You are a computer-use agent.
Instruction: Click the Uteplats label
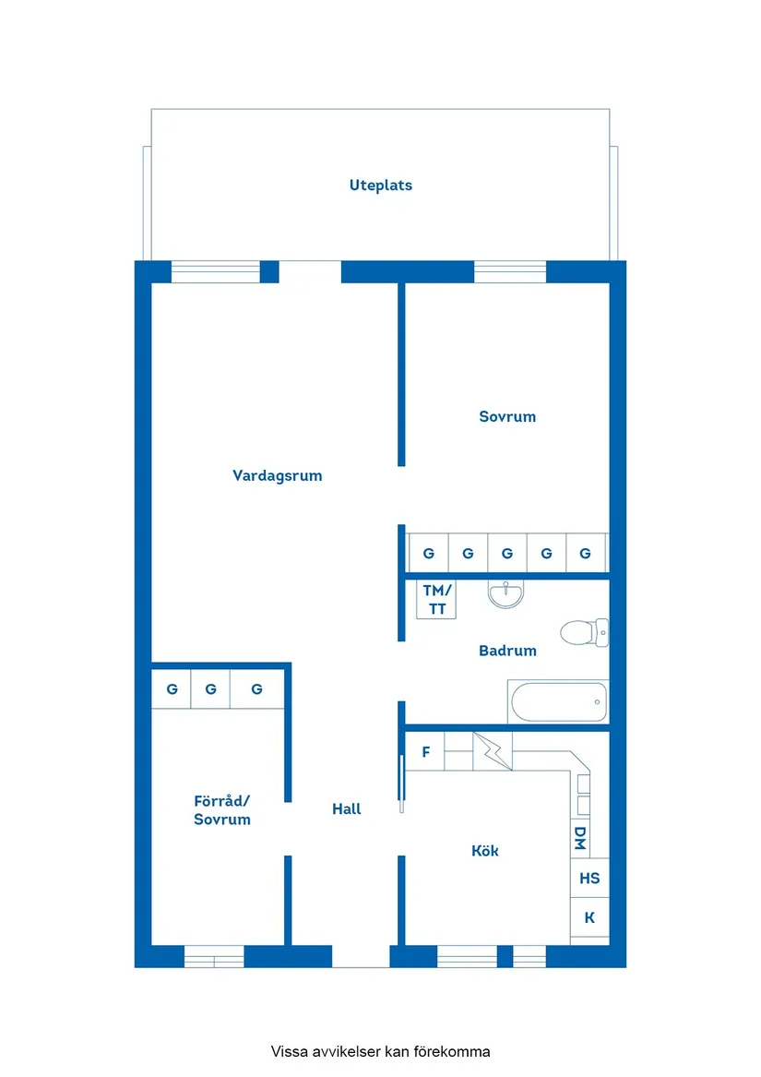pyautogui.click(x=380, y=185)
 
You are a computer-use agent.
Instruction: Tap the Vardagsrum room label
pyautogui.click(x=277, y=476)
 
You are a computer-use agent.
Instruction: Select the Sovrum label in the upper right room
pyautogui.click(x=507, y=417)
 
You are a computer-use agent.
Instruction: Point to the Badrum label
pyautogui.click(x=507, y=651)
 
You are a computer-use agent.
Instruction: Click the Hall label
pyautogui.click(x=347, y=809)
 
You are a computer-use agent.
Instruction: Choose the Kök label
pyautogui.click(x=485, y=851)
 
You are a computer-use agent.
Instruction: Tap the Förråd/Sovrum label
pyautogui.click(x=222, y=810)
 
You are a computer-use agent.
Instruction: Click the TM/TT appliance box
pyautogui.click(x=437, y=599)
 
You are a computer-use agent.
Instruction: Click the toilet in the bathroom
pyautogui.click(x=584, y=632)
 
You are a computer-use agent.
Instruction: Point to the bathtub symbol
pyautogui.click(x=558, y=702)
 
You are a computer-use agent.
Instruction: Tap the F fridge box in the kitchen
pyautogui.click(x=426, y=752)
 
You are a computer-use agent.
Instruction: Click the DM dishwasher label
pyautogui.click(x=580, y=838)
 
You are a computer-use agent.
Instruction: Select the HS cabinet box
pyautogui.click(x=589, y=879)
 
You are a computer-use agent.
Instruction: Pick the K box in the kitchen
pyautogui.click(x=589, y=918)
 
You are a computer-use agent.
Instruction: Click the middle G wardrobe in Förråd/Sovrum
pyautogui.click(x=211, y=689)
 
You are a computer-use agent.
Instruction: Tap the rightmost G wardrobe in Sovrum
pyautogui.click(x=586, y=554)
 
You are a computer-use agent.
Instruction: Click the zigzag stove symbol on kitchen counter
pyautogui.click(x=492, y=750)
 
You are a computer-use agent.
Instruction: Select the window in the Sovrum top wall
pyautogui.click(x=510, y=271)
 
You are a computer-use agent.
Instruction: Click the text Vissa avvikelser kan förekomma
pyautogui.click(x=380, y=1051)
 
